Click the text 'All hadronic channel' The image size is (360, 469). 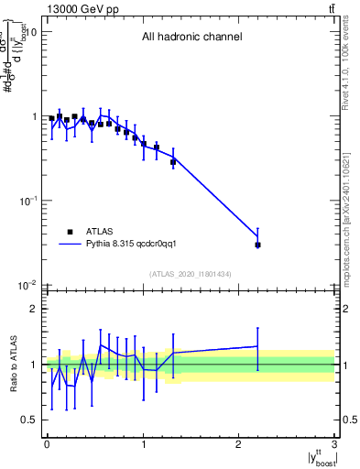tap(191, 38)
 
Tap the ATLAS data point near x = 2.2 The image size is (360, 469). tap(257, 245)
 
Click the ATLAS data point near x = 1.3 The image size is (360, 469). tap(173, 162)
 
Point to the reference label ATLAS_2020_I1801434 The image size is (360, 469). tap(191, 274)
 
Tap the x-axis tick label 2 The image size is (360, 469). tap(238, 446)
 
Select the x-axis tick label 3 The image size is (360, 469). tap(334, 446)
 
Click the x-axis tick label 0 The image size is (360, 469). tap(47, 446)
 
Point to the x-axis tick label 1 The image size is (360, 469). tap(143, 446)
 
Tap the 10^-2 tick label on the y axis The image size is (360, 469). tap(28, 286)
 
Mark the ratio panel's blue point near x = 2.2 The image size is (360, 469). tap(257, 346)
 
